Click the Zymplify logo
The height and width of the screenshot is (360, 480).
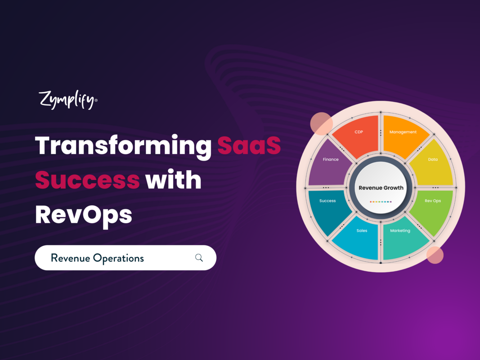[67, 100]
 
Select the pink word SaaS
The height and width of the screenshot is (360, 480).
[249, 146]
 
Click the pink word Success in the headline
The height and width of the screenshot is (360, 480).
[87, 180]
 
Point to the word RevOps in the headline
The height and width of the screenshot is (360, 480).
[83, 214]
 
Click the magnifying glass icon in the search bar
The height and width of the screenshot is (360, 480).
[199, 258]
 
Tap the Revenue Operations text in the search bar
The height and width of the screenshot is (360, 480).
[97, 258]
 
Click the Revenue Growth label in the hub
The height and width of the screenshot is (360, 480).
[381, 188]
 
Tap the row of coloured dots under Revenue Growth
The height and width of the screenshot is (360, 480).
[381, 202]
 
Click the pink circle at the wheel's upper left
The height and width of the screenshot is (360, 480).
[321, 123]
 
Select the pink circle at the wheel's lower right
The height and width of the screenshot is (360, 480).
[435, 255]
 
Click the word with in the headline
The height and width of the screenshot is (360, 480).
[173, 180]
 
